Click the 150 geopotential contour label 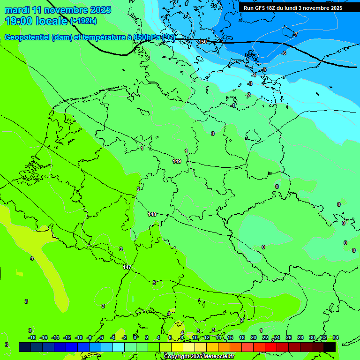(x=202, y=42)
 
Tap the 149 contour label (x=177, y=161)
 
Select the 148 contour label (x=152, y=214)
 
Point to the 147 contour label (x=127, y=267)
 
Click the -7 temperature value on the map (x=295, y=34)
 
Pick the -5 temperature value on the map (x=264, y=70)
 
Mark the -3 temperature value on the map (x=250, y=83)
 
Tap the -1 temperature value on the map (x=233, y=106)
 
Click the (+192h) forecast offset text (x=83, y=21)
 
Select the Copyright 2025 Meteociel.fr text (x=198, y=357)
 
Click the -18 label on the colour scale (x=32, y=338)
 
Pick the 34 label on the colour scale (x=335, y=338)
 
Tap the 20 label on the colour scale (x=254, y=338)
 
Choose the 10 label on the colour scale (x=195, y=338)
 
